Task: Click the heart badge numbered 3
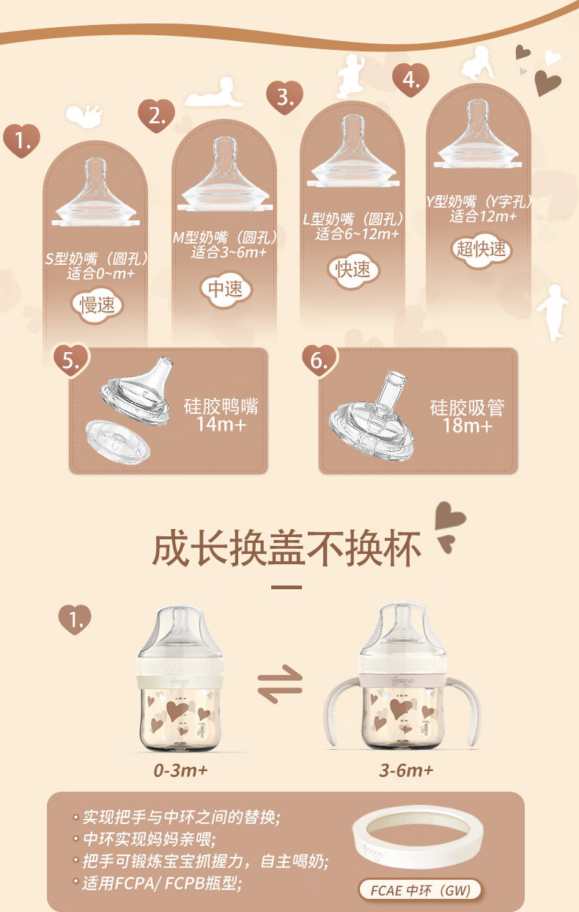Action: pyautogui.click(x=284, y=97)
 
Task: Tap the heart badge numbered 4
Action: pyautogui.click(x=410, y=79)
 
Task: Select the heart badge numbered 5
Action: pyautogui.click(x=71, y=361)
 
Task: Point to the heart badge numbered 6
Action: pyautogui.click(x=319, y=361)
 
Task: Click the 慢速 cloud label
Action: pyautogui.click(x=97, y=305)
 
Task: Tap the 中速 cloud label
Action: pyautogui.click(x=226, y=288)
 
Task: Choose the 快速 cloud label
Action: pyautogui.click(x=353, y=269)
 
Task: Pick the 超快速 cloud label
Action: pyautogui.click(x=482, y=249)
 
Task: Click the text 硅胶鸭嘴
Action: pyautogui.click(x=221, y=406)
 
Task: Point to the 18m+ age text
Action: pyautogui.click(x=468, y=426)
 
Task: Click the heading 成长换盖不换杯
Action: pyautogui.click(x=287, y=548)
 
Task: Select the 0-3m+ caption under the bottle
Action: pyautogui.click(x=180, y=770)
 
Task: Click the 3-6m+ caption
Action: pyautogui.click(x=406, y=770)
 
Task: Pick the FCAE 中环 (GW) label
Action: pyautogui.click(x=420, y=890)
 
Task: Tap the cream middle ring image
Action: pyautogui.click(x=418, y=843)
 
